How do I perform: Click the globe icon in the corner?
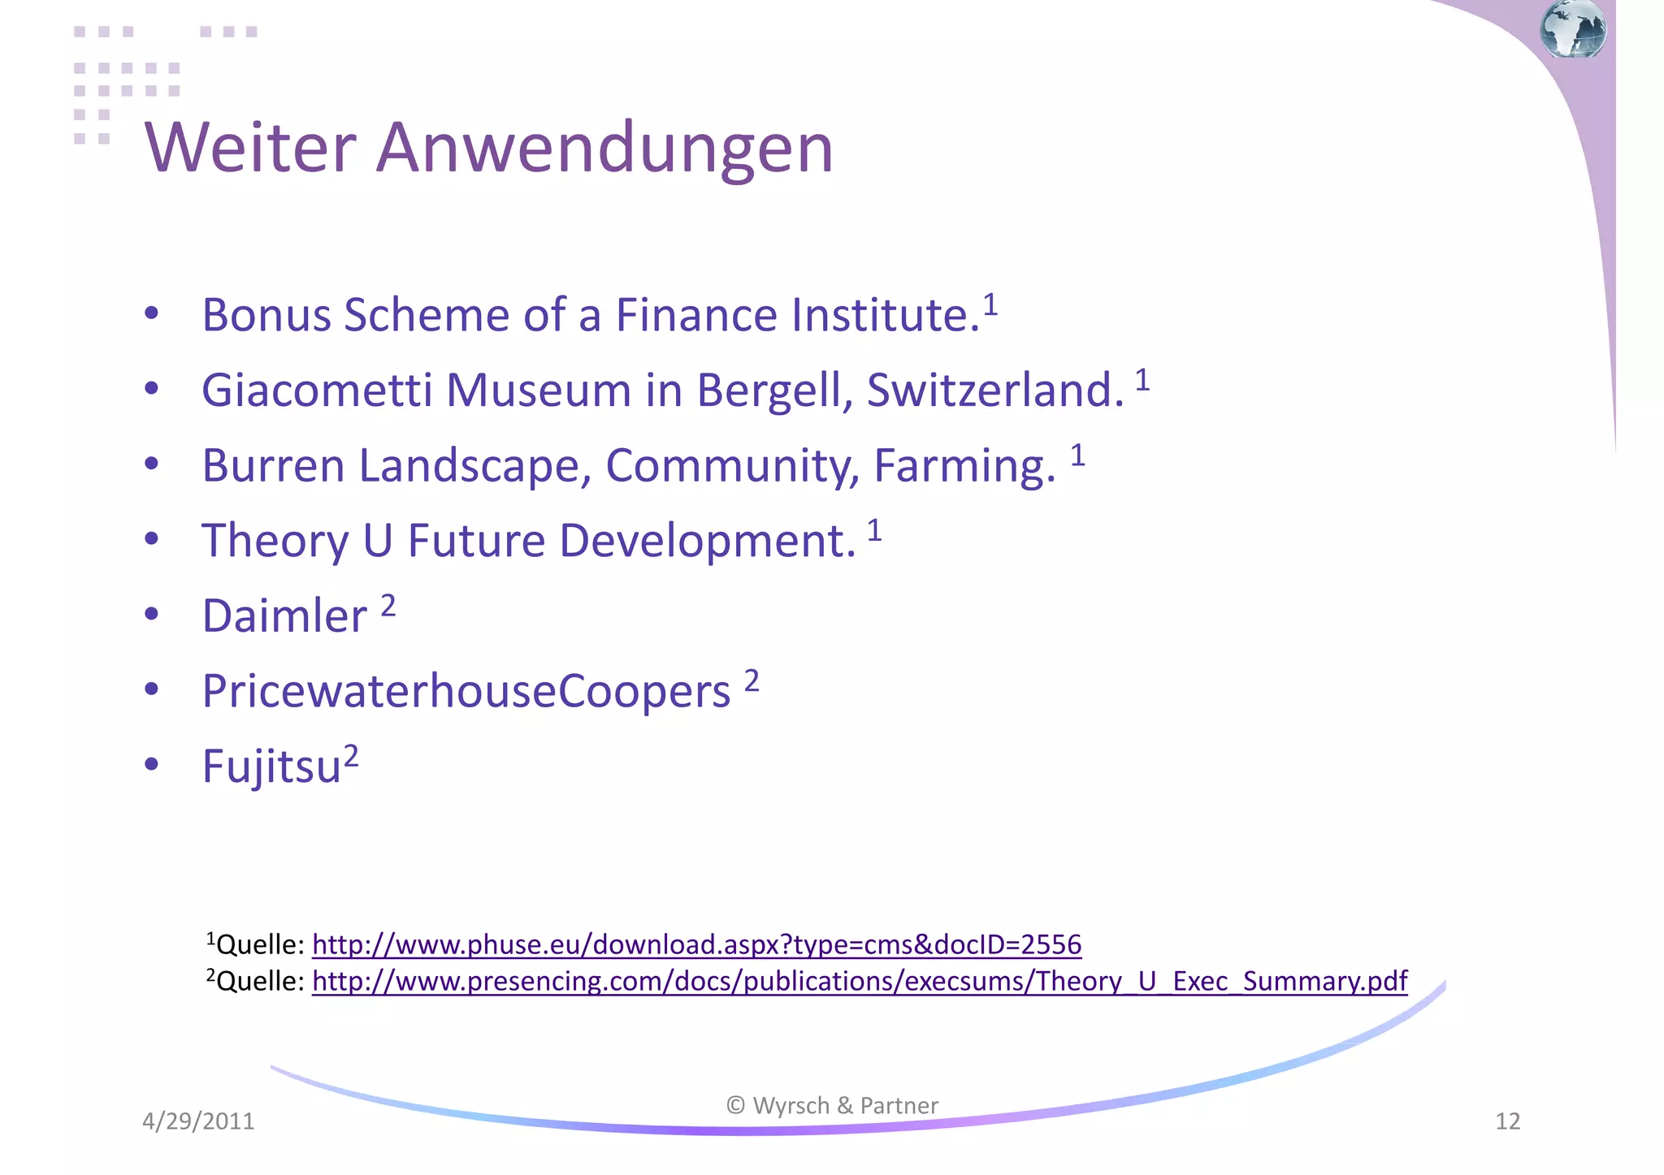pos(1573,29)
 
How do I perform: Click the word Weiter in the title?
pos(250,148)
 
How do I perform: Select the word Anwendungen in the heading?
pos(604,148)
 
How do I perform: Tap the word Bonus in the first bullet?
pos(266,315)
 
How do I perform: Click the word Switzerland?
pos(995,391)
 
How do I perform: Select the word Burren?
pos(274,466)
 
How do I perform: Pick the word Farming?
pos(964,466)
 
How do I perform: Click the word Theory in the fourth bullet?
pos(275,542)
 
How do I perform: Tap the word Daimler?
pos(284,616)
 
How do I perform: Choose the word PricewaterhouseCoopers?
pos(466,692)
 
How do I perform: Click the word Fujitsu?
pos(271,767)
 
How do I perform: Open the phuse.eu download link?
pos(696,944)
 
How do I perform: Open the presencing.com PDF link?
pos(859,981)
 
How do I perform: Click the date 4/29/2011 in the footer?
pos(198,1121)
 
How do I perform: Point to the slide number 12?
pos(1507,1121)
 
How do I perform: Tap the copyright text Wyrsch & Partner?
pos(833,1106)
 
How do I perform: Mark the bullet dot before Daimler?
pos(151,615)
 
